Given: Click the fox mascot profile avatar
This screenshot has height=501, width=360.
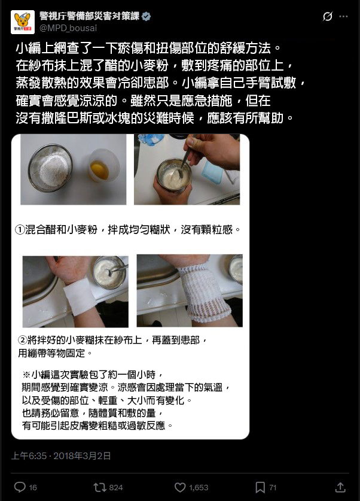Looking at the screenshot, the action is pyautogui.click(x=23, y=22).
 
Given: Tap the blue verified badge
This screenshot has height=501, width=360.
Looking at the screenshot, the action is pyautogui.click(x=146, y=16).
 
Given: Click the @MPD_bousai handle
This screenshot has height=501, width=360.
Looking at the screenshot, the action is pyautogui.click(x=68, y=28).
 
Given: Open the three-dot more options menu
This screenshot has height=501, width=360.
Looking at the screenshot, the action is pyautogui.click(x=343, y=16).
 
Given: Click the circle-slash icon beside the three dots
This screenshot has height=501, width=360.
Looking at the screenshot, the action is pyautogui.click(x=328, y=16).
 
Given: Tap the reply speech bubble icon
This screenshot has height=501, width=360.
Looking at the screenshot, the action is pyautogui.click(x=20, y=487).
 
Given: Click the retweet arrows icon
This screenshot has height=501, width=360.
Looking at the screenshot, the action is pyautogui.click(x=100, y=487).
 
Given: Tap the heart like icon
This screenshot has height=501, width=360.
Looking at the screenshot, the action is pyautogui.click(x=180, y=487).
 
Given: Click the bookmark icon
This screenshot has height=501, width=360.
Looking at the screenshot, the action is pyautogui.click(x=260, y=487).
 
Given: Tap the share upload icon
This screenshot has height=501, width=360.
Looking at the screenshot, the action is pyautogui.click(x=340, y=487).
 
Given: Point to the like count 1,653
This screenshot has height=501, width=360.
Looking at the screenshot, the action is pyautogui.click(x=199, y=488).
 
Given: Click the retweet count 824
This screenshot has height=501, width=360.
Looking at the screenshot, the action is pyautogui.click(x=116, y=488).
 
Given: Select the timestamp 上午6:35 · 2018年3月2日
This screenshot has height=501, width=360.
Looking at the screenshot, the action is pyautogui.click(x=61, y=456).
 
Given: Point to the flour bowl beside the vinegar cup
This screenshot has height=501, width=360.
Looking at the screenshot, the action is pyautogui.click(x=50, y=168).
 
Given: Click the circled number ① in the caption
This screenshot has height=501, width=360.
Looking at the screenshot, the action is pyautogui.click(x=20, y=230).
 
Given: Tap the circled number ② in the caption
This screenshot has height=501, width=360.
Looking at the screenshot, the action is pyautogui.click(x=23, y=340).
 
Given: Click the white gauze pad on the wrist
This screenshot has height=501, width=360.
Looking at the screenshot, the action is pyautogui.click(x=79, y=297).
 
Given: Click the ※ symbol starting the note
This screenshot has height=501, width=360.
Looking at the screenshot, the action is pyautogui.click(x=26, y=375).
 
